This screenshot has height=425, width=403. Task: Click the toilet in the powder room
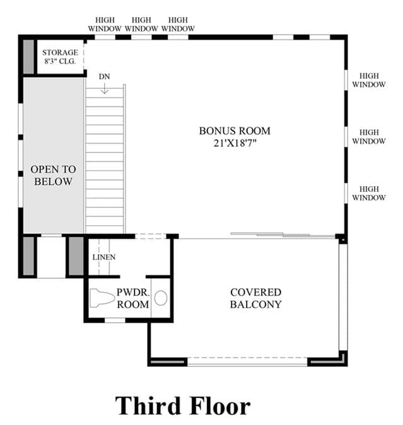(102, 298)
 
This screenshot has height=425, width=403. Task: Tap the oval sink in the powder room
(161, 298)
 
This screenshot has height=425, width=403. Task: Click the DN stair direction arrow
(105, 88)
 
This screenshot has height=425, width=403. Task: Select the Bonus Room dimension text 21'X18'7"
(235, 143)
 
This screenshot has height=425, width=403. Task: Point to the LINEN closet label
(104, 257)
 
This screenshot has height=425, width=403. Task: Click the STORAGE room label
(60, 52)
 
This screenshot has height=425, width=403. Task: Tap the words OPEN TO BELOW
(53, 175)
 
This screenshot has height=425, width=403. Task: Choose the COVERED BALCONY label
(256, 298)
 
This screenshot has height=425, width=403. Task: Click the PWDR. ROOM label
(133, 298)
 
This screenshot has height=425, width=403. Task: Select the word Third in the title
(148, 405)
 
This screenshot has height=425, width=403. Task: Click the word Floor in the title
(220, 405)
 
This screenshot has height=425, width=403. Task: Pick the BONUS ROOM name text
(235, 131)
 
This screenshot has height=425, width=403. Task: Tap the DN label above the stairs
(104, 77)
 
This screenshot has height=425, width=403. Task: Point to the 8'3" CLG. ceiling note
(60, 61)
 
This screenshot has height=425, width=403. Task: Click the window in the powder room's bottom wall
(115, 320)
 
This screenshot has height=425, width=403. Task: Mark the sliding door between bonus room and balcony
(283, 235)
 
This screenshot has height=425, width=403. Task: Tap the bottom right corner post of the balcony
(343, 358)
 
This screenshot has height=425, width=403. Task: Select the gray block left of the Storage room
(28, 57)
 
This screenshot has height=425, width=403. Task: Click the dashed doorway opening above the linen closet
(151, 236)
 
